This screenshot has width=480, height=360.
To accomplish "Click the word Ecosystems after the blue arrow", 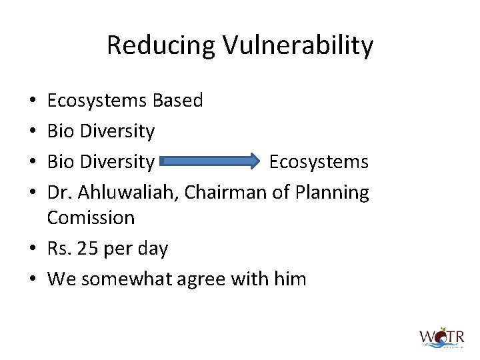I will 319,162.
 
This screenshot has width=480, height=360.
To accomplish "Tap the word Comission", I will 91,217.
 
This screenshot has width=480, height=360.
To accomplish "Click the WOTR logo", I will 441,337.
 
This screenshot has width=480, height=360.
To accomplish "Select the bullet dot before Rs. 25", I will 33,249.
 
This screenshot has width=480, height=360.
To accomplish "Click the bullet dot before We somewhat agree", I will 33,279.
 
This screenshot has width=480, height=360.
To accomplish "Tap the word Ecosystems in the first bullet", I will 97,101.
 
